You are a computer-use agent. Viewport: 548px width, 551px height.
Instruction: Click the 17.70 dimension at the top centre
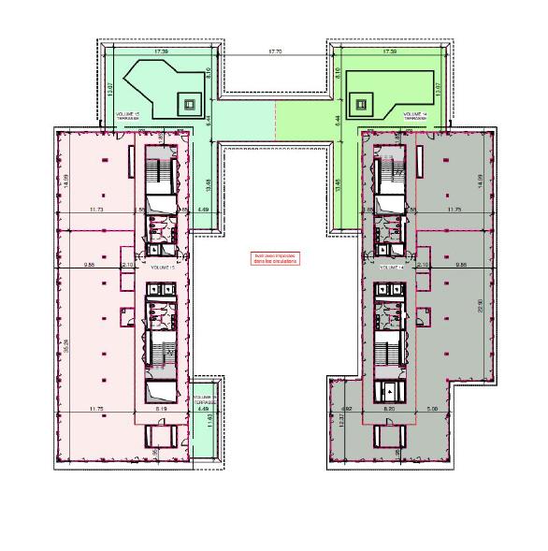point(274,51)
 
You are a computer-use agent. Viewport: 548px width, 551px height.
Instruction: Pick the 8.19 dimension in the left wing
point(161,409)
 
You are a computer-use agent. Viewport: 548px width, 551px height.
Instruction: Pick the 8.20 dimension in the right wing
point(389,409)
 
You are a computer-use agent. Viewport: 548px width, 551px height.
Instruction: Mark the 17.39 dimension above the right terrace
point(384,51)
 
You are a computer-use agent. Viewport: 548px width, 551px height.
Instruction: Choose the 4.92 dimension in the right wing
point(346,409)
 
